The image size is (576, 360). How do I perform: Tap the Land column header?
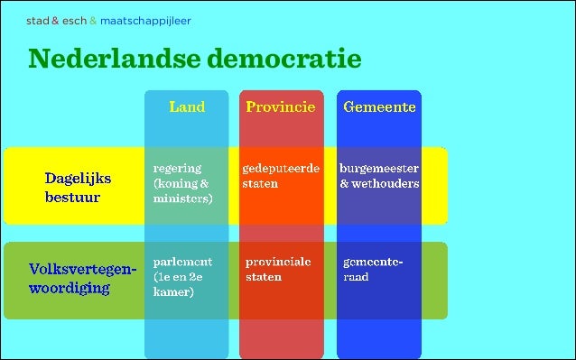pyautogui.click(x=187, y=106)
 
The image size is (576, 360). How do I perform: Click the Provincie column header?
pyautogui.click(x=281, y=106)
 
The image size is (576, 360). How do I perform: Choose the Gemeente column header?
pyautogui.click(x=379, y=106)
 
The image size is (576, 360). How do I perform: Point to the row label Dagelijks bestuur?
pyautogui.click(x=72, y=188)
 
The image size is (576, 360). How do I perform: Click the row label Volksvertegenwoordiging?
pyautogui.click(x=82, y=279)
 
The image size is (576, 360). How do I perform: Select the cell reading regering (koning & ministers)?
pyautogui.click(x=183, y=183)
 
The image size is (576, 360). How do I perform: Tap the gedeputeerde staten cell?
pyautogui.click(x=281, y=176)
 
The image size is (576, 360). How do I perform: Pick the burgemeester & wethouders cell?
pyautogui.click(x=379, y=176)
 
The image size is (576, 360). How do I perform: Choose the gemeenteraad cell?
pyautogui.click(x=373, y=269)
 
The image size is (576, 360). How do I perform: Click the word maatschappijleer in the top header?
pyautogui.click(x=145, y=20)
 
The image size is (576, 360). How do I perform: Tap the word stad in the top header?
pyautogui.click(x=37, y=20)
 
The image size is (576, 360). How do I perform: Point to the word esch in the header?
pyautogui.click(x=75, y=20)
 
